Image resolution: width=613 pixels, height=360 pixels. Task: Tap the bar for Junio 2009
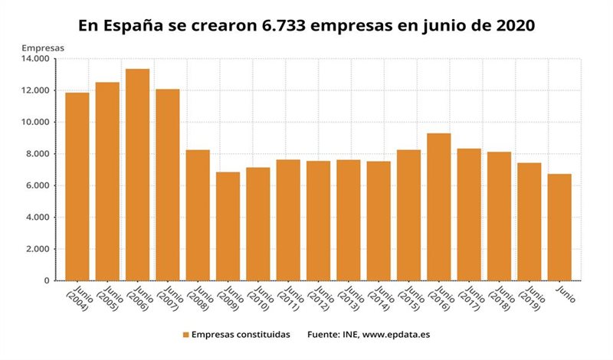(x=228, y=226)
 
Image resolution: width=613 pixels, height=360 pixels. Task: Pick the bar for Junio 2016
(x=439, y=207)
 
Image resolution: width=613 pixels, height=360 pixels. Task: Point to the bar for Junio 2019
(x=529, y=221)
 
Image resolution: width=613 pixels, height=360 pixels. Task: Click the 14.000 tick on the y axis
(x=36, y=59)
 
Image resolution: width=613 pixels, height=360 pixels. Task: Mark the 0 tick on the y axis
(x=46, y=281)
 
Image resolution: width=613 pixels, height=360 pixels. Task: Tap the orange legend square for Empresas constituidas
(x=185, y=335)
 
